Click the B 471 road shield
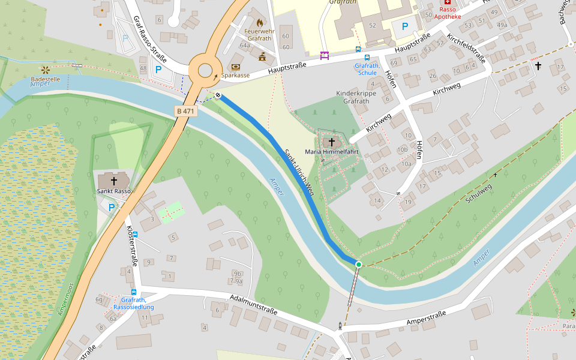(185, 111)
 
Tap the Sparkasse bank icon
(235, 67)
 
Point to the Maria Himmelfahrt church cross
(331, 142)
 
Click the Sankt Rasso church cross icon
(113, 181)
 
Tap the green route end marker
(359, 264)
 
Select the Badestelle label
(46, 79)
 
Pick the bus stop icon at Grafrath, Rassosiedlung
(133, 292)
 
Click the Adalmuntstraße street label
(253, 305)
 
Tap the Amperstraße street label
(425, 319)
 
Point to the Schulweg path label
(479, 193)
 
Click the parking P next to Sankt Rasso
(112, 207)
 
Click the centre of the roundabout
(205, 70)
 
